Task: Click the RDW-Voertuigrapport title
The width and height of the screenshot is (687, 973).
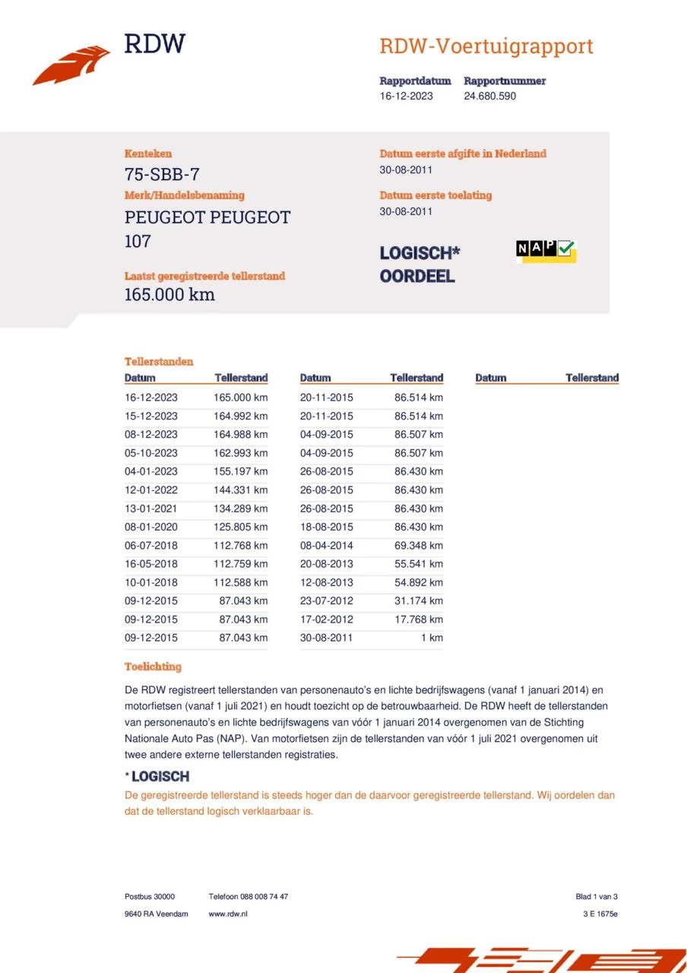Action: pyautogui.click(x=486, y=46)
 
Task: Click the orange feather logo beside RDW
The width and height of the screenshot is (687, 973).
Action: pyautogui.click(x=71, y=65)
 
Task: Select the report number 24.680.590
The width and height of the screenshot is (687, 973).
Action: pyautogui.click(x=489, y=97)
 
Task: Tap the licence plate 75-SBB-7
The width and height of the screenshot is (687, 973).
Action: pyautogui.click(x=162, y=175)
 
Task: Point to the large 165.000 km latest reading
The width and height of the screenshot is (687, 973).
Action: pyautogui.click(x=169, y=295)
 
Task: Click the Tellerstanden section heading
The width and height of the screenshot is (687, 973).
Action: pyautogui.click(x=159, y=362)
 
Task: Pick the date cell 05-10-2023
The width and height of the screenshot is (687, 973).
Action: pyautogui.click(x=151, y=453)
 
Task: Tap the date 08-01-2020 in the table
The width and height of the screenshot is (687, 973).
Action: pyautogui.click(x=151, y=528)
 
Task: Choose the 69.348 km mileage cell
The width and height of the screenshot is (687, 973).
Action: pyautogui.click(x=418, y=546)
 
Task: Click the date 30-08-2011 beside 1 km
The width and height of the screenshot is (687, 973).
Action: pyautogui.click(x=326, y=638)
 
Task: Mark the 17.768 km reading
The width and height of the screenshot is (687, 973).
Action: pyautogui.click(x=418, y=620)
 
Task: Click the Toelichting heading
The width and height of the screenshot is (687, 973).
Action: pyautogui.click(x=153, y=667)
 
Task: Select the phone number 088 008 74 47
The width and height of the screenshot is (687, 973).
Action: pyautogui.click(x=262, y=897)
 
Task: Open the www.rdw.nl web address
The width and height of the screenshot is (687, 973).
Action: pyautogui.click(x=228, y=914)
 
